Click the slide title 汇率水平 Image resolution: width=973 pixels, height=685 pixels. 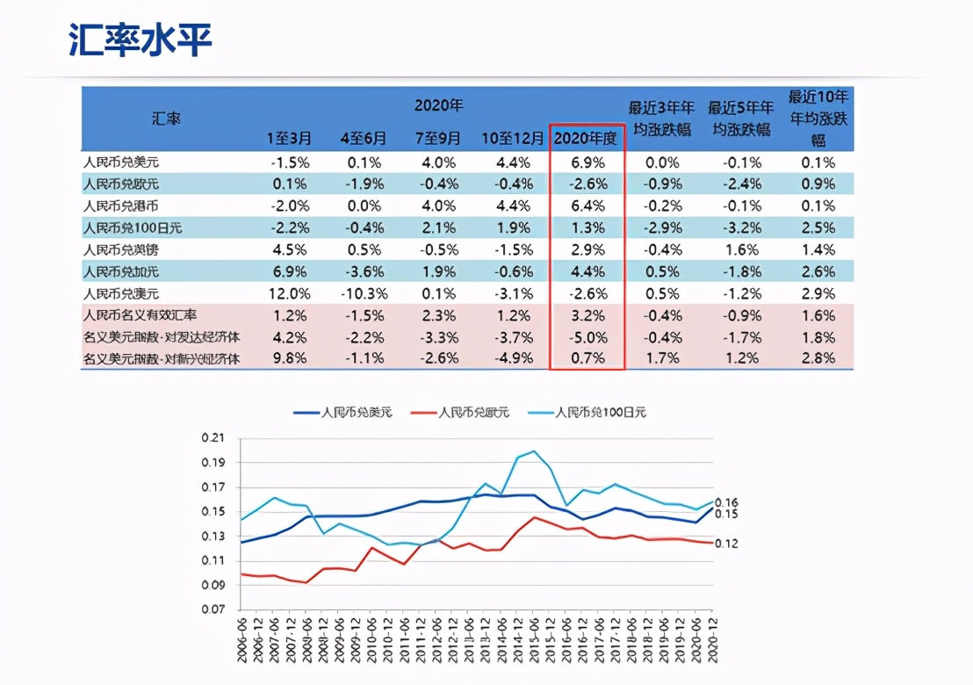(x=141, y=40)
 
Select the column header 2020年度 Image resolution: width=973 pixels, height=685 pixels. (x=587, y=138)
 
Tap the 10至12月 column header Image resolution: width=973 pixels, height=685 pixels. (x=513, y=138)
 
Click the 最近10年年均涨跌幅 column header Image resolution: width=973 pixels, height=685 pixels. (x=818, y=119)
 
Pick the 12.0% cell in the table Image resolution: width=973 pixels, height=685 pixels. (x=289, y=292)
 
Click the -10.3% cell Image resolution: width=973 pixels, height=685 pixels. (x=363, y=292)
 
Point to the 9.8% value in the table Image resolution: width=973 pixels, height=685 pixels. (x=290, y=358)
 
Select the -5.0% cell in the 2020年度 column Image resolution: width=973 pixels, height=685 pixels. (x=587, y=336)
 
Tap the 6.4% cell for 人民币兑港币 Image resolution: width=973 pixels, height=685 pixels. (x=587, y=205)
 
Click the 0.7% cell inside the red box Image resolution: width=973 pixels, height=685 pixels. (x=587, y=358)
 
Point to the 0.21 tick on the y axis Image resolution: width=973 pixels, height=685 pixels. (x=213, y=438)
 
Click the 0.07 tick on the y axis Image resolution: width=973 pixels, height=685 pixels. (x=213, y=609)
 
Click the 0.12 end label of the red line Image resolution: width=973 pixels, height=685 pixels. (x=727, y=544)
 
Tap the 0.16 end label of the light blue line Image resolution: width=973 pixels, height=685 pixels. (x=727, y=501)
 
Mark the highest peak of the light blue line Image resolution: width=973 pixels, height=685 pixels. (x=534, y=451)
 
